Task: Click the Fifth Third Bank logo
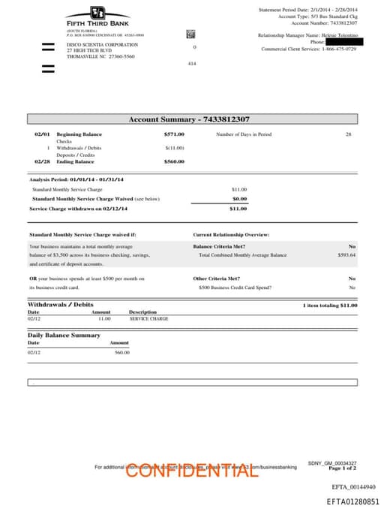click(97, 17)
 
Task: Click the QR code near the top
click(190, 34)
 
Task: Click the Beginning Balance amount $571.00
click(174, 134)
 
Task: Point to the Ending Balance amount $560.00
click(174, 161)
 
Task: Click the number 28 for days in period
click(348, 134)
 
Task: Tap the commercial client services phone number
click(340, 49)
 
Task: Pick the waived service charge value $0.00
click(239, 199)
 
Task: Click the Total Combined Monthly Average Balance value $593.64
click(346, 255)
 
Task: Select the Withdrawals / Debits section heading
click(61, 305)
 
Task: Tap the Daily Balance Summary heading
click(64, 335)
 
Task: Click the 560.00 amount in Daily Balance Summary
click(121, 352)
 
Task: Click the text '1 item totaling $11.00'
click(329, 306)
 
